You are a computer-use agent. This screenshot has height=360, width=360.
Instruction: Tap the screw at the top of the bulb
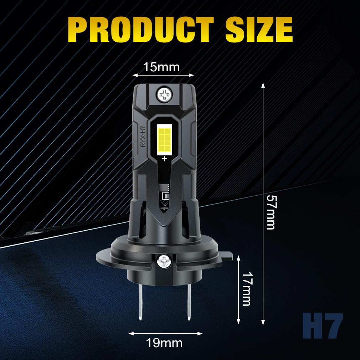tap(165, 94)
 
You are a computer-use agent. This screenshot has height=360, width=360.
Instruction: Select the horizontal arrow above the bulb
tap(163, 75)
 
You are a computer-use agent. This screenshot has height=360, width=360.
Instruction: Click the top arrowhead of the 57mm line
tap(263, 84)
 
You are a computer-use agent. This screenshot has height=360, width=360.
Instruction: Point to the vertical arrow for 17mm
tap(238, 289)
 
